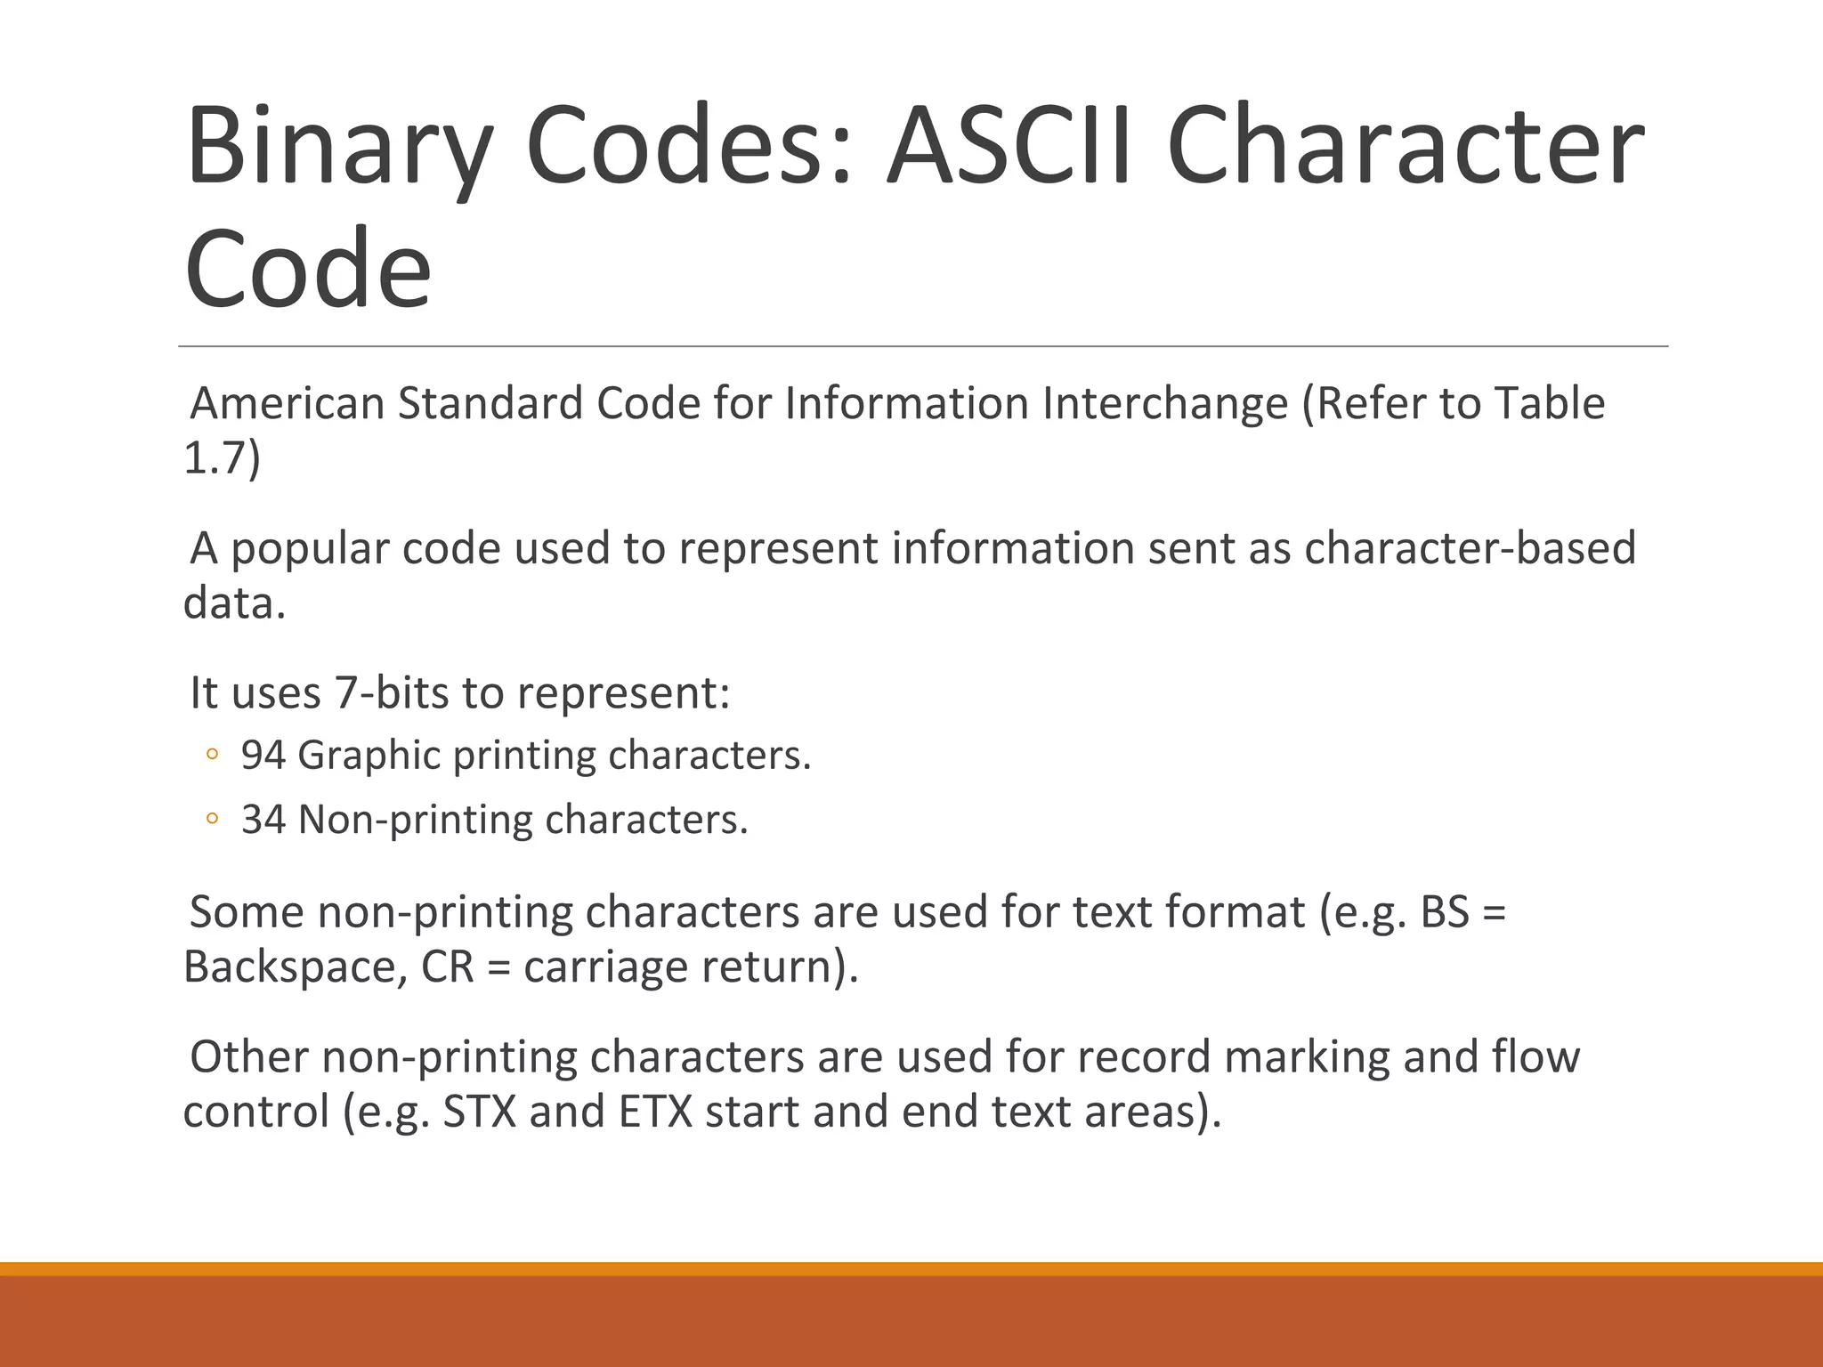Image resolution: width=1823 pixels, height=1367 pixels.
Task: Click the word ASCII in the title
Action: click(1011, 146)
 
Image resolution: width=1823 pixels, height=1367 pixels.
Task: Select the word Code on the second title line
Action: click(307, 269)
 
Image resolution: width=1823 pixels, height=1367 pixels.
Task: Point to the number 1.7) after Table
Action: click(222, 458)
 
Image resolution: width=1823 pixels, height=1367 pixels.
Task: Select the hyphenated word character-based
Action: click(1470, 547)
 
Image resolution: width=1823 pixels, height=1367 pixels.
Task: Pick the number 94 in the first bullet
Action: click(263, 755)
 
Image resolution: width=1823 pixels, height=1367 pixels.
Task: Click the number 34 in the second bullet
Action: click(263, 820)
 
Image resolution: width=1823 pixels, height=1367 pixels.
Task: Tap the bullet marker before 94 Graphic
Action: click(211, 756)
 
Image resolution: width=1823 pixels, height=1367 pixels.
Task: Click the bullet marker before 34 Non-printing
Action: click(211, 820)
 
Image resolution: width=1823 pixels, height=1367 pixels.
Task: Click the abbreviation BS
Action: click(1444, 912)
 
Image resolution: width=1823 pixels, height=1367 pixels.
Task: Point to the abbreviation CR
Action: click(447, 967)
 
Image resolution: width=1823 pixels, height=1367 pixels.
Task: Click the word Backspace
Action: click(288, 967)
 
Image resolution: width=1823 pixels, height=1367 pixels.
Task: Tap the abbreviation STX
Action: click(479, 1112)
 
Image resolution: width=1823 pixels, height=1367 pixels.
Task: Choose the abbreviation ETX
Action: click(655, 1112)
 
